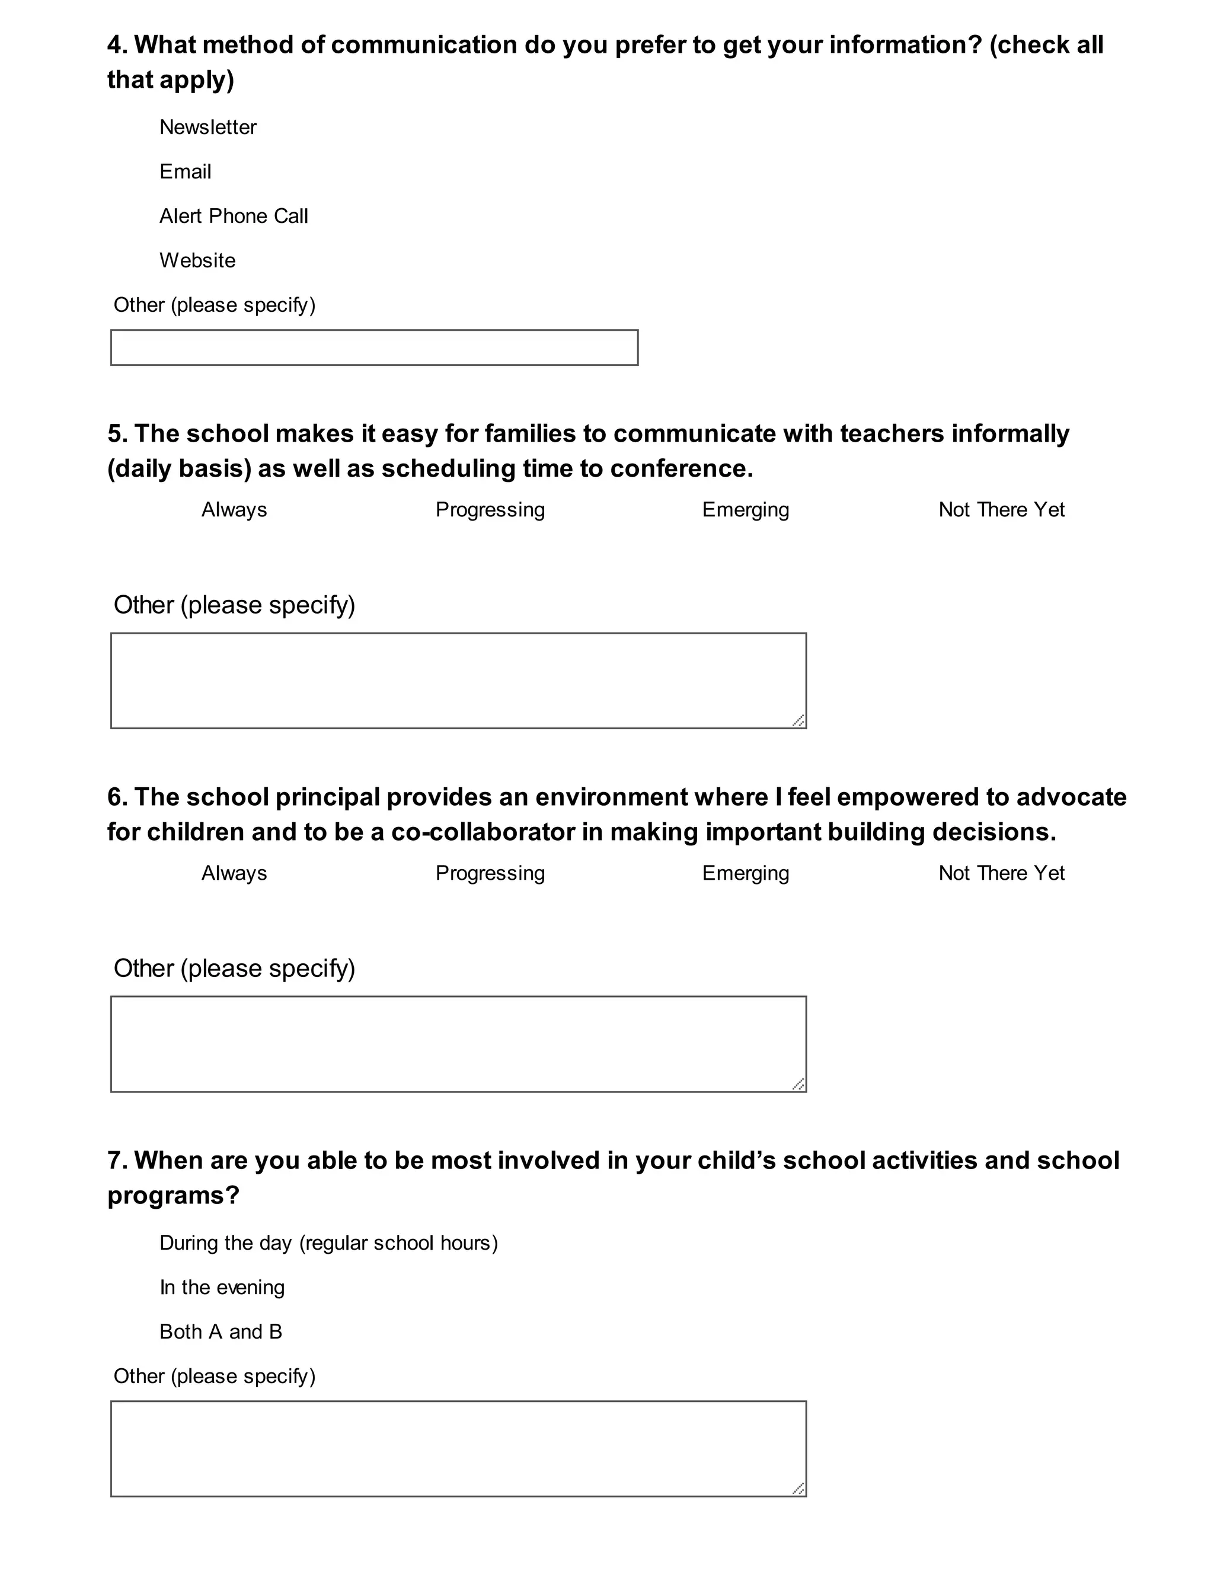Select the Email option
point(185,172)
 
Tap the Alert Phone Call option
point(233,216)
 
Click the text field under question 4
point(374,347)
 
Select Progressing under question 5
point(490,510)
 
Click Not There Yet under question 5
point(1001,510)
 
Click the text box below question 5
point(458,681)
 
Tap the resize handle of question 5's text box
point(798,720)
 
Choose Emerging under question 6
point(745,873)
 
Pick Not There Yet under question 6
point(1001,873)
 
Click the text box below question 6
point(458,1044)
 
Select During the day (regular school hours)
point(328,1243)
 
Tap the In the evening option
point(222,1288)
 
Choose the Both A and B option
point(220,1332)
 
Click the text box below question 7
point(458,1449)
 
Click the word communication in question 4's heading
point(424,45)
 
